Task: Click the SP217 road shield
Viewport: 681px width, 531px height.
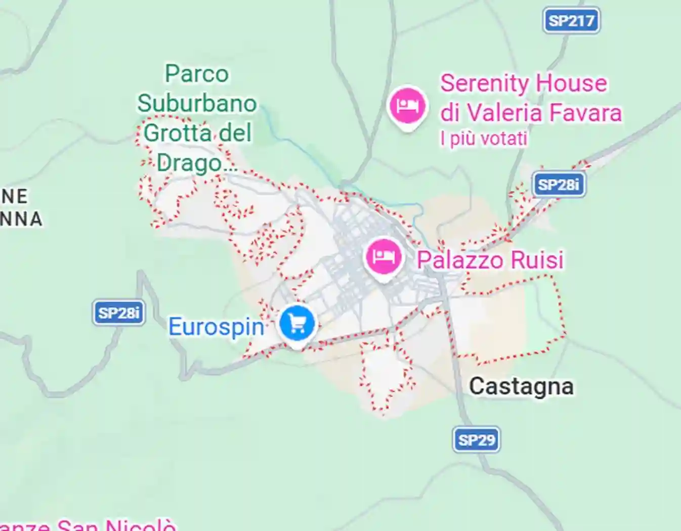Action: [x=571, y=21]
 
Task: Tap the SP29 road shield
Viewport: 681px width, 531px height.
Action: [x=476, y=439]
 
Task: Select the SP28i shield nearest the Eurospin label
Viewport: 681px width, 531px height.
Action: [x=119, y=313]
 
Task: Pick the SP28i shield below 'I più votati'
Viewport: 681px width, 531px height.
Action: [x=558, y=185]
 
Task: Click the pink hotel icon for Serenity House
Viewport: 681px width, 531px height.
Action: [x=408, y=106]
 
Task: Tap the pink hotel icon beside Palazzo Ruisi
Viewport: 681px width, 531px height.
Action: [x=384, y=257]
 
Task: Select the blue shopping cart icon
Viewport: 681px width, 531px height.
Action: [x=297, y=324]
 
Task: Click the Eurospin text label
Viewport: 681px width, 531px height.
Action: [x=216, y=327]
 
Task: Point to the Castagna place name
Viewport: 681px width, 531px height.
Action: [x=521, y=387]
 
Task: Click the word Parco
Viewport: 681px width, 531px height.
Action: [x=197, y=74]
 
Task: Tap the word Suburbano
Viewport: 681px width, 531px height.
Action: [x=197, y=104]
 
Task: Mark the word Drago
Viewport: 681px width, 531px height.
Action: [x=189, y=163]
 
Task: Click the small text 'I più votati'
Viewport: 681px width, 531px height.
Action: [x=484, y=138]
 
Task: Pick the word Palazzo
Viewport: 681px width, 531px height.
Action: [x=460, y=260]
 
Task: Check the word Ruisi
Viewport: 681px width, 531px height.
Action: [x=537, y=260]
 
